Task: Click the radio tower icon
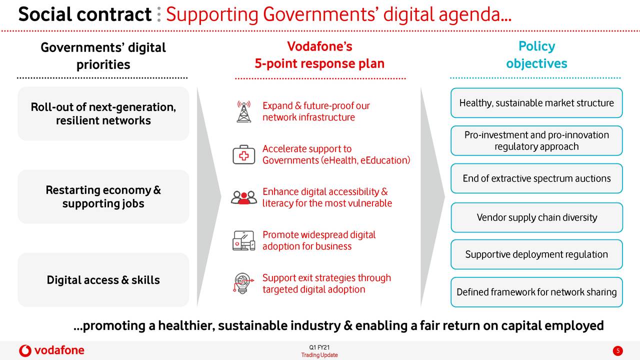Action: point(243,111)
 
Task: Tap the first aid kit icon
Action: point(243,154)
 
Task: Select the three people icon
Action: point(243,197)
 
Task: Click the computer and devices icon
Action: point(243,240)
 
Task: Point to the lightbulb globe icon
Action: point(243,283)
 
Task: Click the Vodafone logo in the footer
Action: point(51,350)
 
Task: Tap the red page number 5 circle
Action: point(617,350)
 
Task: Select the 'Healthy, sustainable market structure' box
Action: point(536,103)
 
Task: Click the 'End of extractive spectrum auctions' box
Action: point(536,178)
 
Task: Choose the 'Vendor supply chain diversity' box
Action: point(536,217)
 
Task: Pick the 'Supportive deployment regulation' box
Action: point(536,254)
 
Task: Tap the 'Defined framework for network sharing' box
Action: point(536,292)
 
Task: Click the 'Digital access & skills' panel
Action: point(103,279)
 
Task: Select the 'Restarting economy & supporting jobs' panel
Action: point(103,196)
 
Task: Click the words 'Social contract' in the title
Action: point(85,14)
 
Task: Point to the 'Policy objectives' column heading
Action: point(536,55)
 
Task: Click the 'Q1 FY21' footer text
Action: point(319,347)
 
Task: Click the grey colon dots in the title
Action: point(159,14)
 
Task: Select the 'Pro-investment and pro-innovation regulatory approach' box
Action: point(536,140)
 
